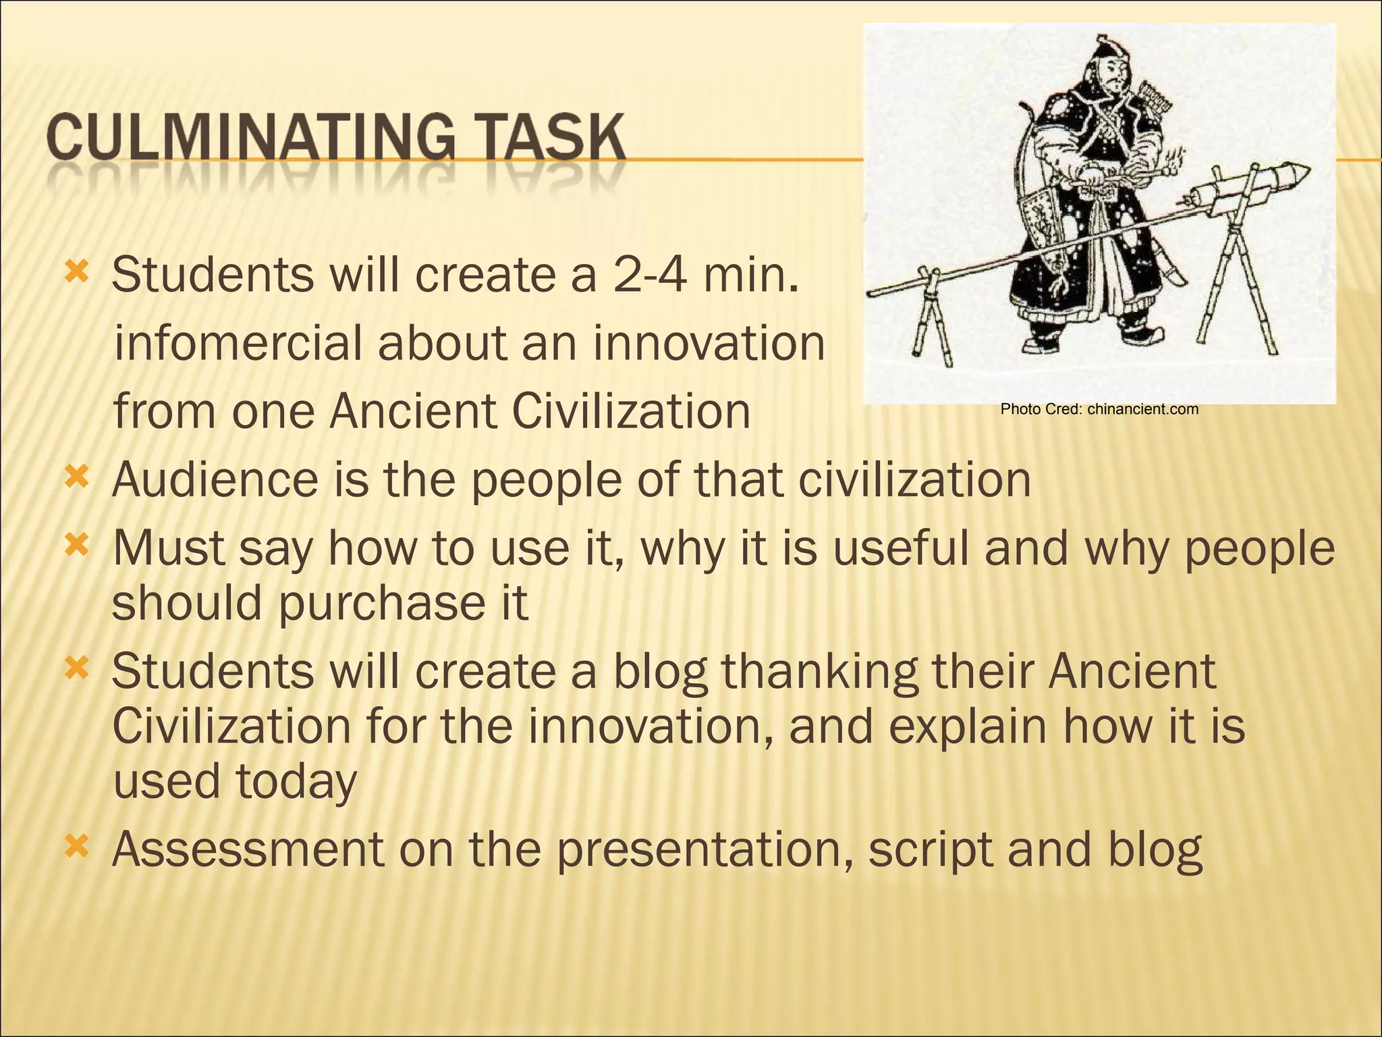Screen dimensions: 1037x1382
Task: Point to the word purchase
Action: [371, 603]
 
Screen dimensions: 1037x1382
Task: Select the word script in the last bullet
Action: [931, 849]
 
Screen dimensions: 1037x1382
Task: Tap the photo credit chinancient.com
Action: [1142, 409]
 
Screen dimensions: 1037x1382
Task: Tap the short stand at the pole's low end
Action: [931, 317]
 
